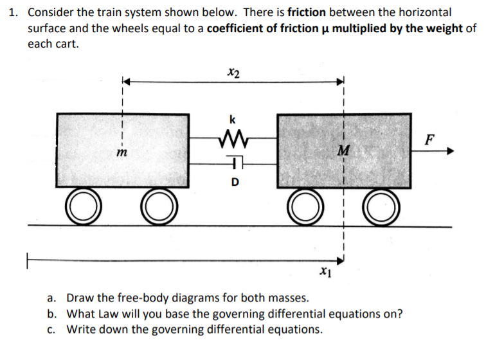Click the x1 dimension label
pos(325,274)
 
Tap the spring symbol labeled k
pos(233,136)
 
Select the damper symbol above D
pos(233,164)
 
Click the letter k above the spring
pos(232,120)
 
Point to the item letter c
pos(51,329)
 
